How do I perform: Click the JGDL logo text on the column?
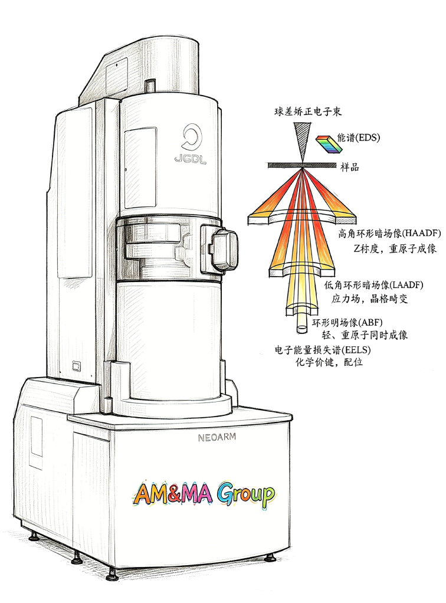(191, 159)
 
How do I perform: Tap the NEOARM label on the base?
(217, 437)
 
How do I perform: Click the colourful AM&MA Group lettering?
(204, 494)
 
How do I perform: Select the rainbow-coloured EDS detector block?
(329, 143)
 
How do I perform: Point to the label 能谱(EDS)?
(358, 137)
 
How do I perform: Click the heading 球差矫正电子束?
(308, 112)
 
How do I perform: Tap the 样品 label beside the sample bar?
(349, 167)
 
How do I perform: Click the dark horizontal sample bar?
(302, 165)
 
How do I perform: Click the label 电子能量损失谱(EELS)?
(323, 350)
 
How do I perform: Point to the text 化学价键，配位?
(329, 362)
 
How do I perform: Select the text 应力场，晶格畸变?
(369, 299)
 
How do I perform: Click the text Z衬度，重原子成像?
(395, 248)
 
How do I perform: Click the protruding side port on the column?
(218, 248)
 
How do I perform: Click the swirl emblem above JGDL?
(191, 137)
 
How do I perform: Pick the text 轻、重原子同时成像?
(365, 335)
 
